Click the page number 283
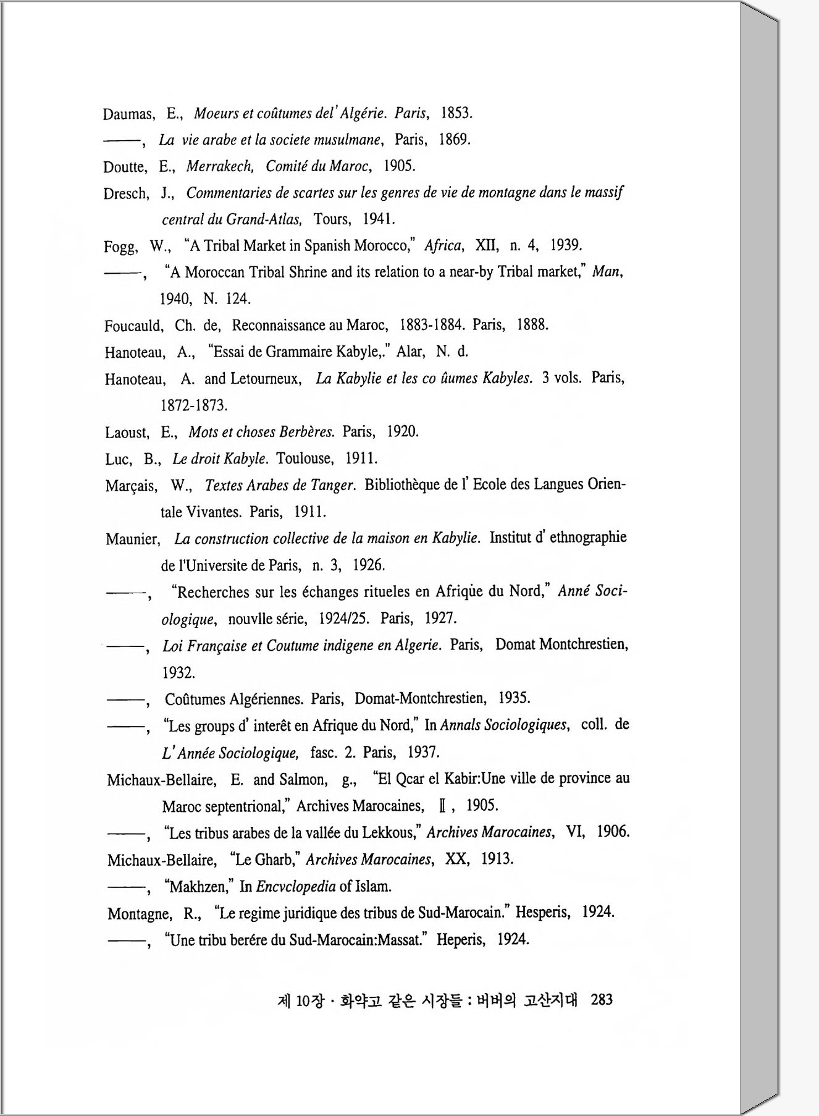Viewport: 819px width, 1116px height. (601, 999)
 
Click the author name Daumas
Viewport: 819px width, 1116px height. (128, 114)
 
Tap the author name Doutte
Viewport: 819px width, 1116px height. (125, 167)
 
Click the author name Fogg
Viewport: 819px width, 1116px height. (120, 247)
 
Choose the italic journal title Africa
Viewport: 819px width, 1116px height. (443, 245)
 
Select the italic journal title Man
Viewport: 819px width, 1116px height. (607, 271)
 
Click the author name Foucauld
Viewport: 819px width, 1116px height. (133, 326)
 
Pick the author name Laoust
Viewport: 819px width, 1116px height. (127, 432)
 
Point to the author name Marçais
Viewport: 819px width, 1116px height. (131, 486)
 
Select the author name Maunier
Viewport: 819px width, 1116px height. (132, 539)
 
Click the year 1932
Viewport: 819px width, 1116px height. (178, 672)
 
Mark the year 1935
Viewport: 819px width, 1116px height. (514, 698)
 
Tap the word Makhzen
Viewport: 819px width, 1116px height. (198, 887)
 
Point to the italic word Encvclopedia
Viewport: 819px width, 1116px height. (296, 887)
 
